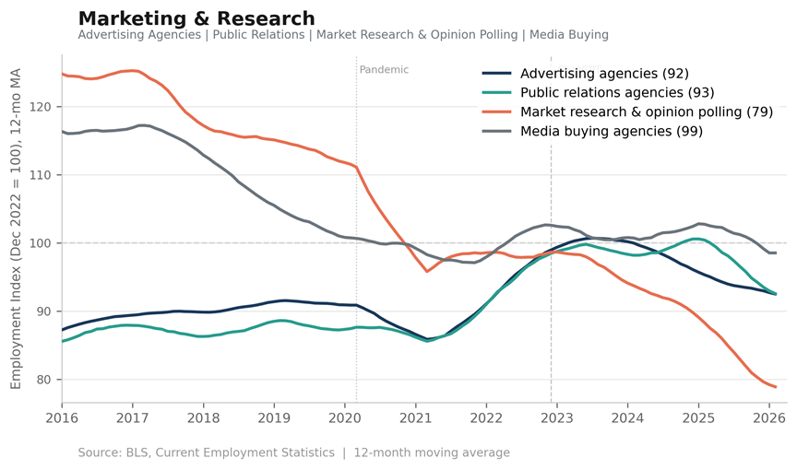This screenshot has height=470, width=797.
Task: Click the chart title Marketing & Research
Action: point(196,18)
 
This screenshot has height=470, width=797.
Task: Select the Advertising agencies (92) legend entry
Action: point(585,74)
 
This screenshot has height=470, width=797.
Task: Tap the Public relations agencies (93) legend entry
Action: point(598,93)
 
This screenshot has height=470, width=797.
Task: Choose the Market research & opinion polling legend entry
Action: point(627,112)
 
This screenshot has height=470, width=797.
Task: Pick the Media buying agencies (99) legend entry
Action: point(592,132)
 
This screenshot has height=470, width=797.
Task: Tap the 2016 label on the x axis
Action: point(62,418)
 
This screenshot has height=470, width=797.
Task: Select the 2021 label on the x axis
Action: point(416,418)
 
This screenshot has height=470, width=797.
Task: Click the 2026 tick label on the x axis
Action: point(769,418)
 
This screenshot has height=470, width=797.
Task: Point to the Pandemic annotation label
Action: point(384,70)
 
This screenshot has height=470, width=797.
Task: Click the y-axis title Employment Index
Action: point(16,229)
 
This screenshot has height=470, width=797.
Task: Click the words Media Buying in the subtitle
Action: point(569,35)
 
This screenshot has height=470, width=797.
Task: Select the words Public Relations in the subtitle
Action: point(258,34)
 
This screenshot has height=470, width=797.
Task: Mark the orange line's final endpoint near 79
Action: point(776,387)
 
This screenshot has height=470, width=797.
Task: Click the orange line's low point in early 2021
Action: point(427,272)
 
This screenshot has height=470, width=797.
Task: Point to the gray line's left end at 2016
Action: point(63,132)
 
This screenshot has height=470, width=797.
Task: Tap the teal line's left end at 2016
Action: point(63,342)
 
